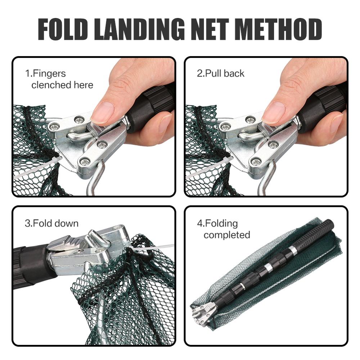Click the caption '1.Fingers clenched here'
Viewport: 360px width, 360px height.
click(59, 79)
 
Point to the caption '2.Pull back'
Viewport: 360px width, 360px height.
click(220, 73)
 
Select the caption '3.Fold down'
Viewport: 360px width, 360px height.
click(51, 223)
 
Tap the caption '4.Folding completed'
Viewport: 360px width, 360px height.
click(223, 229)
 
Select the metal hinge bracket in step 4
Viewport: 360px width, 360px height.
click(204, 313)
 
